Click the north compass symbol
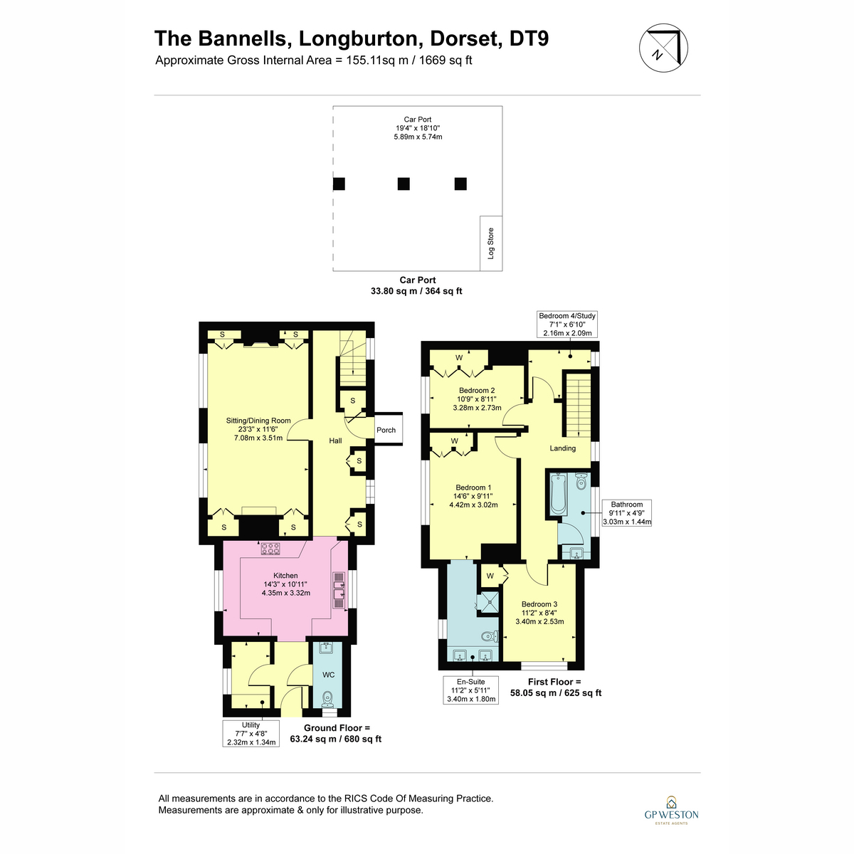pyautogui.click(x=663, y=48)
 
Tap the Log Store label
pyautogui.click(x=490, y=243)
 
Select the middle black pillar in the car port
pyautogui.click(x=404, y=184)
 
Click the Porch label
pyautogui.click(x=386, y=430)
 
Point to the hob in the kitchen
pyautogui.click(x=270, y=549)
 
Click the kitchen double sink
pyautogui.click(x=339, y=591)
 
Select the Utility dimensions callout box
pyautogui.click(x=251, y=734)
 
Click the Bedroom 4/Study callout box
pyautogui.click(x=567, y=325)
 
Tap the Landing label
pyautogui.click(x=562, y=448)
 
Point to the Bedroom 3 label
pyautogui.click(x=539, y=604)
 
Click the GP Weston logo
pyautogui.click(x=671, y=811)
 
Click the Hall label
pyautogui.click(x=335, y=441)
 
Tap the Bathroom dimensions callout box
pyautogui.click(x=627, y=512)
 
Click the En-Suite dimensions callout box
pyautogui.click(x=470, y=690)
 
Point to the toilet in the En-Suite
pyautogui.click(x=490, y=636)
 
